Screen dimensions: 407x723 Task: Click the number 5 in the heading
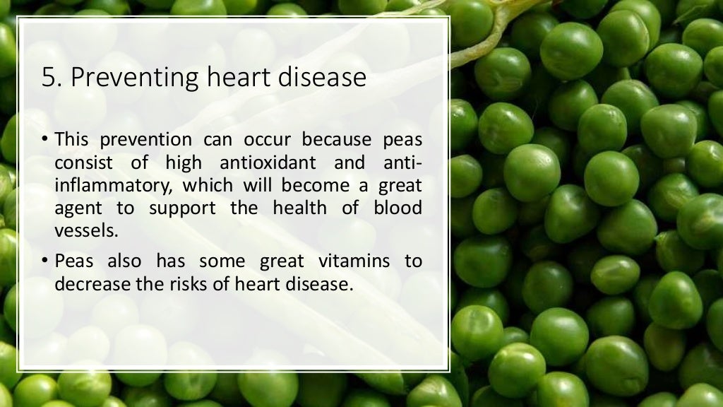(48, 77)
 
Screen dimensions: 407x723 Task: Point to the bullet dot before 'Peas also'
(44, 261)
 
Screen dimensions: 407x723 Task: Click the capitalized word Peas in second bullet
(74, 261)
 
